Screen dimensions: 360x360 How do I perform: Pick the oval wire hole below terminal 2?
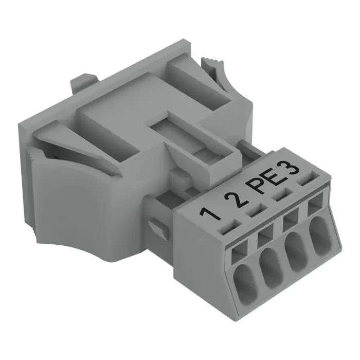pyautogui.click(x=272, y=266)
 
